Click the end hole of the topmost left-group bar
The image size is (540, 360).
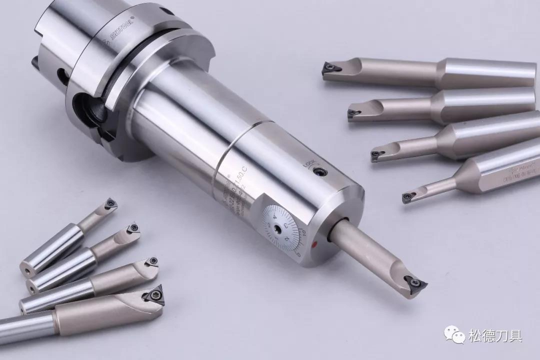[25, 270]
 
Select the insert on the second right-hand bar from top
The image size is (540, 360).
[354, 113]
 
